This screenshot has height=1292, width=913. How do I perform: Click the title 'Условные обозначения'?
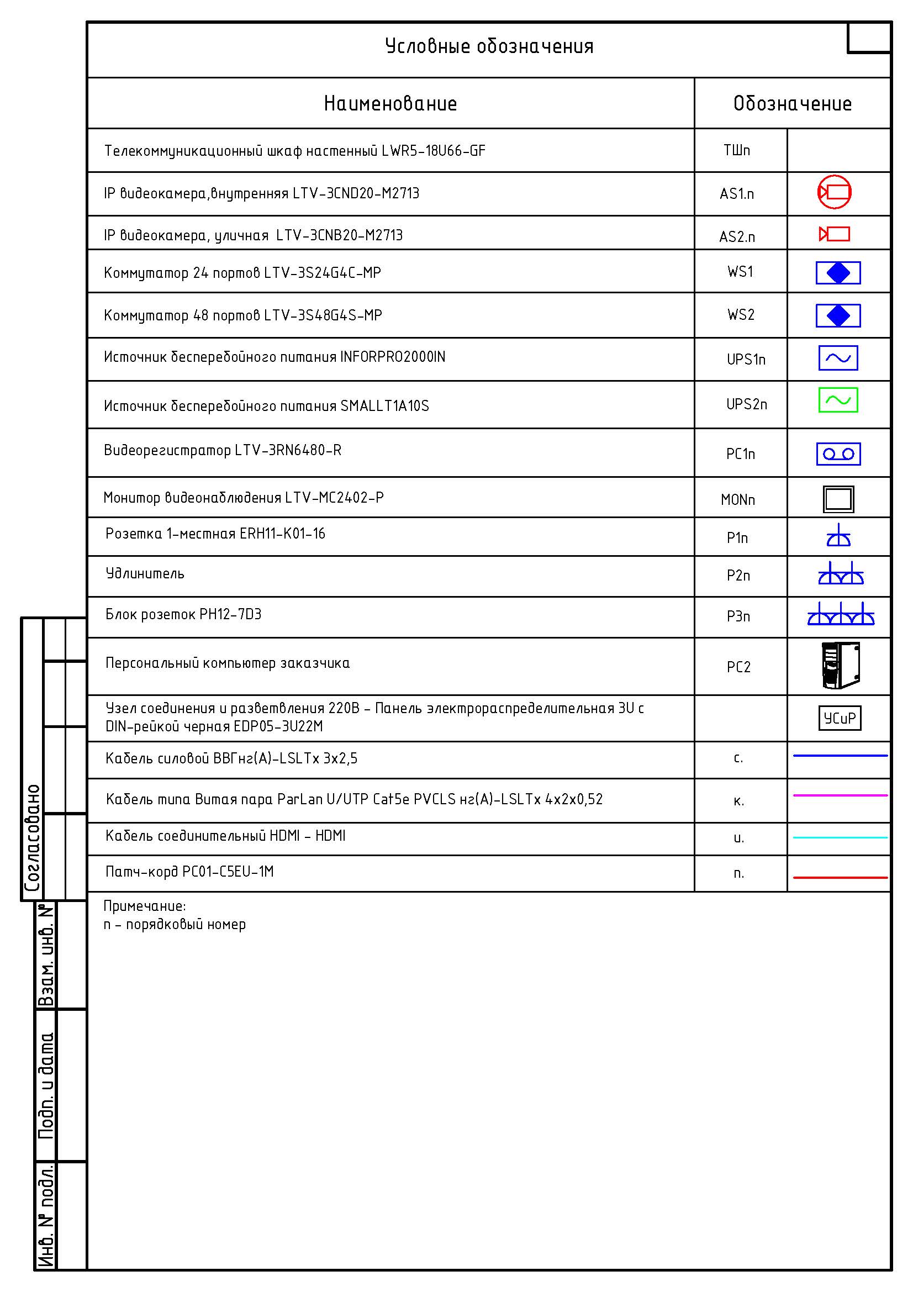click(489, 46)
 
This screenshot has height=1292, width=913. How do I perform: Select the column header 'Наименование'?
click(390, 103)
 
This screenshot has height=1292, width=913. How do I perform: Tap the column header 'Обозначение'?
click(792, 103)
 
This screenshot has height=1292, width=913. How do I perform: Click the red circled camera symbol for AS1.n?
click(834, 192)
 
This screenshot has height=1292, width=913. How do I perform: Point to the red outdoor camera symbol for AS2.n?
click(834, 234)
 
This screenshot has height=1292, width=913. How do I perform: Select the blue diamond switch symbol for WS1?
click(838, 273)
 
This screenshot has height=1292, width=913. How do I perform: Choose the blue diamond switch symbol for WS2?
click(838, 316)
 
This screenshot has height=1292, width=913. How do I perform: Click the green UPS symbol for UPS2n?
click(838, 400)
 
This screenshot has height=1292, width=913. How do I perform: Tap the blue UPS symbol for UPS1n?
click(838, 358)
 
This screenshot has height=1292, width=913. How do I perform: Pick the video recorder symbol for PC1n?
click(838, 453)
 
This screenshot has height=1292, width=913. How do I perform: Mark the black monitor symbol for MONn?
click(838, 499)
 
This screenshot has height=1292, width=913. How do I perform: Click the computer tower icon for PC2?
click(841, 666)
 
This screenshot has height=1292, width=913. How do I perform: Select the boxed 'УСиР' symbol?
click(840, 718)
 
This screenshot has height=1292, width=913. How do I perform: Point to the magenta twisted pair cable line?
click(840, 795)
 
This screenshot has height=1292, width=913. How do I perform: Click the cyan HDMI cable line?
click(840, 837)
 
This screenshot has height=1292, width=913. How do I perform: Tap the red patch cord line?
click(840, 877)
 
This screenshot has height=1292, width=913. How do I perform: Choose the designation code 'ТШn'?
click(737, 150)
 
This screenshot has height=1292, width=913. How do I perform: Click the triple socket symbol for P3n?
click(841, 615)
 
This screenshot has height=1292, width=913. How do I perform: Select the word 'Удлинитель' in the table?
click(145, 574)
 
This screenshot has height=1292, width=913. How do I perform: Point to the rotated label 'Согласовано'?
click(33, 838)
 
